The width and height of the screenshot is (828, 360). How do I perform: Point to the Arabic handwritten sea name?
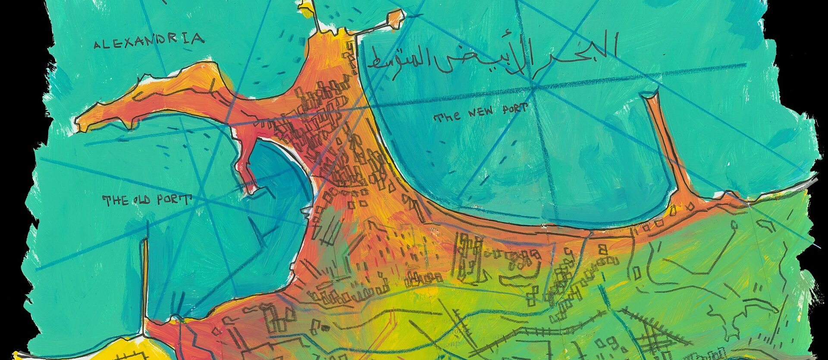coord(489,56)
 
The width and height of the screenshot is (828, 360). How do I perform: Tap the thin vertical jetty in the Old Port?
coord(145,280)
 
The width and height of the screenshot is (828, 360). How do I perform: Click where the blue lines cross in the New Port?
coord(535,88)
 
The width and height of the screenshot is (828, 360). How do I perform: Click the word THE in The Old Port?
coord(113,200)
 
